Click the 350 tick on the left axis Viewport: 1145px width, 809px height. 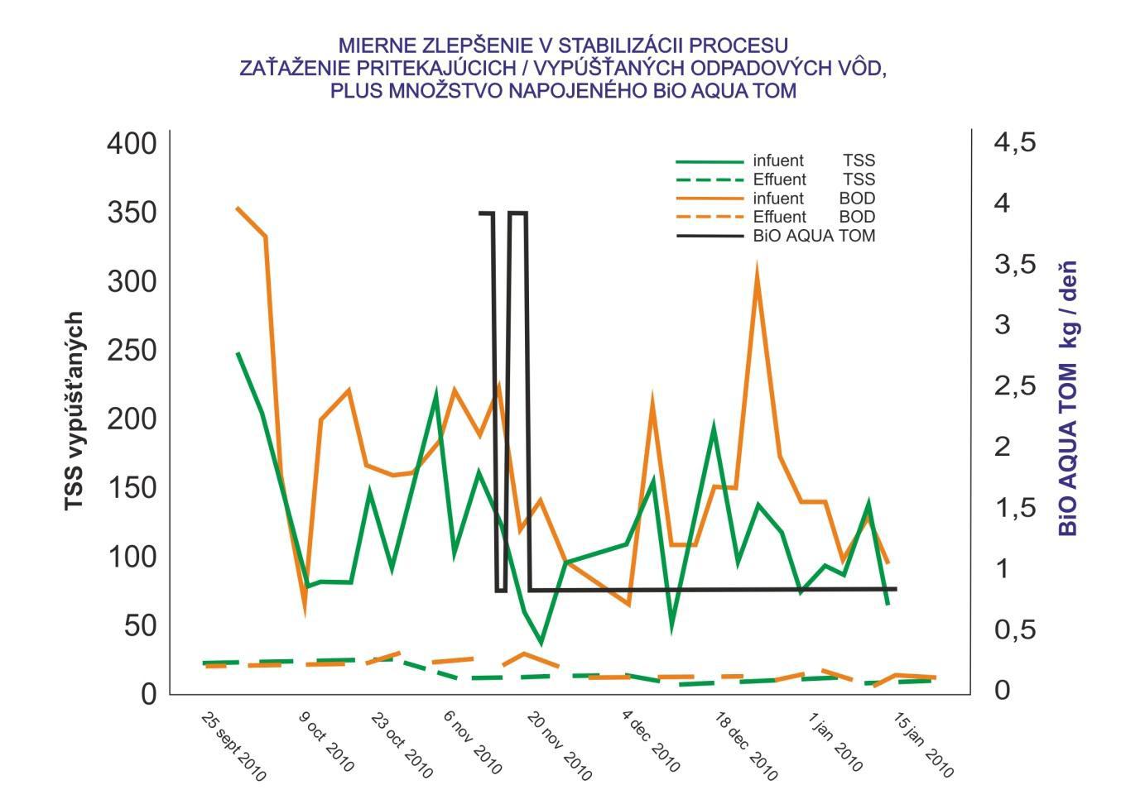pyautogui.click(x=132, y=213)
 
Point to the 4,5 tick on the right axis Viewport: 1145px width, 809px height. pyautogui.click(x=1015, y=142)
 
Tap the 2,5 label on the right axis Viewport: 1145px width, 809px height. pyautogui.click(x=1015, y=385)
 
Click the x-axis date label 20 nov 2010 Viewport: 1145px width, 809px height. pyautogui.click(x=559, y=746)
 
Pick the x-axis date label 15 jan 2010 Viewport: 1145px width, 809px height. pyautogui.click(x=923, y=745)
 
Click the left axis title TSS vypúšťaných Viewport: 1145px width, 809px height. pyautogui.click(x=75, y=411)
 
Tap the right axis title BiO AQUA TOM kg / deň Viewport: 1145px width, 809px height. pyautogui.click(x=1068, y=399)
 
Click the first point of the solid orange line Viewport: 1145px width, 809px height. pyautogui.click(x=237, y=208)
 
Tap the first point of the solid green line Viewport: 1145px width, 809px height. pyautogui.click(x=238, y=353)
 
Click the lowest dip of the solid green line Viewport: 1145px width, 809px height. pyautogui.click(x=541, y=643)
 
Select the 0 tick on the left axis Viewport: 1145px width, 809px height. pyautogui.click(x=149, y=694)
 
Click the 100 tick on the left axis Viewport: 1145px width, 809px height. pyautogui.click(x=132, y=557)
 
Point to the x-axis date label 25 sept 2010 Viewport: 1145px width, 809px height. pyautogui.click(x=233, y=746)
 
